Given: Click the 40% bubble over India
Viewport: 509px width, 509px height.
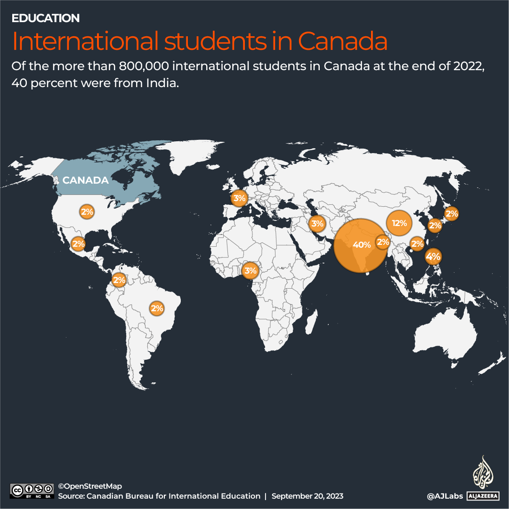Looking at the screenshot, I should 362,245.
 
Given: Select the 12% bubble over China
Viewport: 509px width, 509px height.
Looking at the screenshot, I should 399,223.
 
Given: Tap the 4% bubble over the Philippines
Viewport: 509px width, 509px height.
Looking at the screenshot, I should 433,257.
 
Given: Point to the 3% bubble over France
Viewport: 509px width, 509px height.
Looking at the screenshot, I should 239,198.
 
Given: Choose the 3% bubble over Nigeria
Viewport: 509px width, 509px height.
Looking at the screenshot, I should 250,270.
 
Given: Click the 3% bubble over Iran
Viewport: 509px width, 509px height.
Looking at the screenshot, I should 317,223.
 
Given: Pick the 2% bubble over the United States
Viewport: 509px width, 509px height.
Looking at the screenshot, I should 87,212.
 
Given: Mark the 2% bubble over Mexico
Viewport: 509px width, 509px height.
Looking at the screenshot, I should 78,244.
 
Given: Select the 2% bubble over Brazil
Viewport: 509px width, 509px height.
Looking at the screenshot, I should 156,308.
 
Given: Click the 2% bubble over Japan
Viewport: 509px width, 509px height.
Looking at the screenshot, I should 452,214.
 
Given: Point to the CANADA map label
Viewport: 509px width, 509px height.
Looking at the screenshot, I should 85,180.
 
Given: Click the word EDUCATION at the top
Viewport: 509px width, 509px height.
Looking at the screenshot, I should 46,18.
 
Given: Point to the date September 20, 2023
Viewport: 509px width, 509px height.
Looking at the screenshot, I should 307,496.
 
